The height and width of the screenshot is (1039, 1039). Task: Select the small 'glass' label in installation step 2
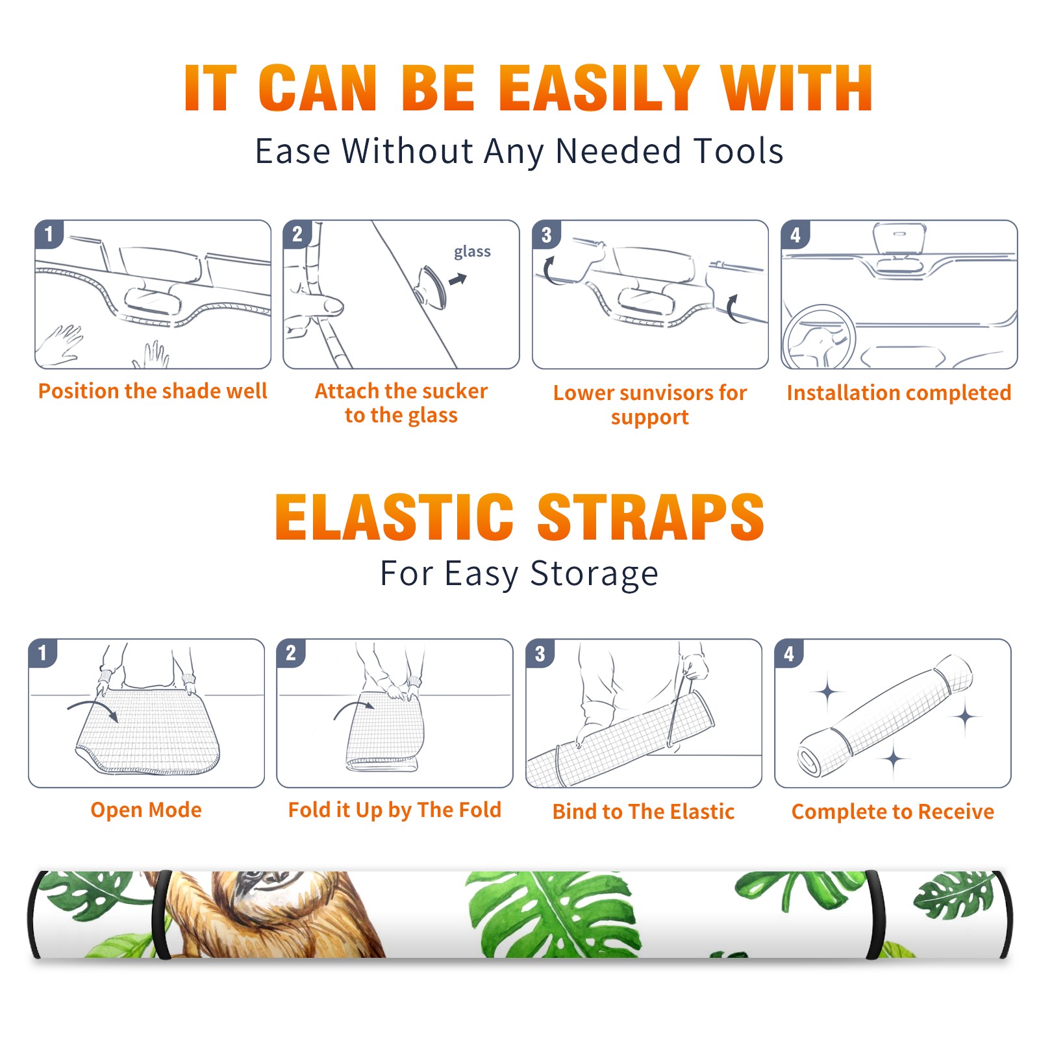[x=472, y=252]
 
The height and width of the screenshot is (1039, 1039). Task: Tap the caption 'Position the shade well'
[x=153, y=391]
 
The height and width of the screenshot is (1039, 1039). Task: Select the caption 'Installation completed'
[x=899, y=393]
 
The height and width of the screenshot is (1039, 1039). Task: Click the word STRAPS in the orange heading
[x=651, y=517]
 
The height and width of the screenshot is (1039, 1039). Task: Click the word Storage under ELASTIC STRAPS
[x=594, y=574]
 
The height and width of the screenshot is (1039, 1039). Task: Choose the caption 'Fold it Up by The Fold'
[x=395, y=810]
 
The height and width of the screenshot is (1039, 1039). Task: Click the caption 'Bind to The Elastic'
[x=644, y=812]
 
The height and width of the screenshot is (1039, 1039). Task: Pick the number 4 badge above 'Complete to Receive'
[x=789, y=653]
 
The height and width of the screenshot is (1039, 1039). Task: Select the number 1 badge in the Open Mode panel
[x=43, y=653]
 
